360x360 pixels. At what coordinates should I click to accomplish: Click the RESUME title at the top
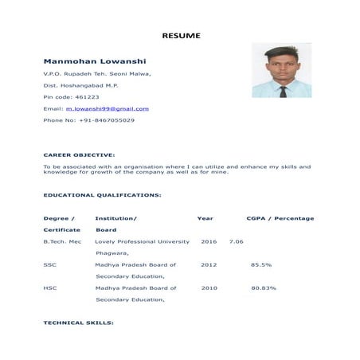tap(182, 36)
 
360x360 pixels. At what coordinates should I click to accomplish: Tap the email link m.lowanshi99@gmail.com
tap(108, 108)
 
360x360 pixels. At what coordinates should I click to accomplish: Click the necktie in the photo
tap(283, 92)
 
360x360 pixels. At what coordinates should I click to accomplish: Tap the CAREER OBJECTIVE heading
tap(79, 155)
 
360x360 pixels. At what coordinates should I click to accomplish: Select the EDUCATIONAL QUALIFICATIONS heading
tap(102, 194)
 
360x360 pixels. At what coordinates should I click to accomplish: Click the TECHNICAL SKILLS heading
tap(78, 323)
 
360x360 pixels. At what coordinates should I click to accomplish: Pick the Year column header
tap(205, 218)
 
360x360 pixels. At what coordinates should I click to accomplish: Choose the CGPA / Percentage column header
tap(280, 218)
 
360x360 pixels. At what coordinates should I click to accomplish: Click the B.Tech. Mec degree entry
tap(62, 241)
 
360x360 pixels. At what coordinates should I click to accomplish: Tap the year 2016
tap(209, 241)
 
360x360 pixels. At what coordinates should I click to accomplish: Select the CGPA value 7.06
tap(236, 241)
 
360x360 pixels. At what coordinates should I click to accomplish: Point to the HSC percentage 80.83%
tap(264, 288)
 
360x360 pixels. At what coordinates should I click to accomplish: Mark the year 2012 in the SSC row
tap(209, 264)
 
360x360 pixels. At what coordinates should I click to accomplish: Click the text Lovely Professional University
tap(142, 241)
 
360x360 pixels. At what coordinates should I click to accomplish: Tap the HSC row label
tap(49, 288)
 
